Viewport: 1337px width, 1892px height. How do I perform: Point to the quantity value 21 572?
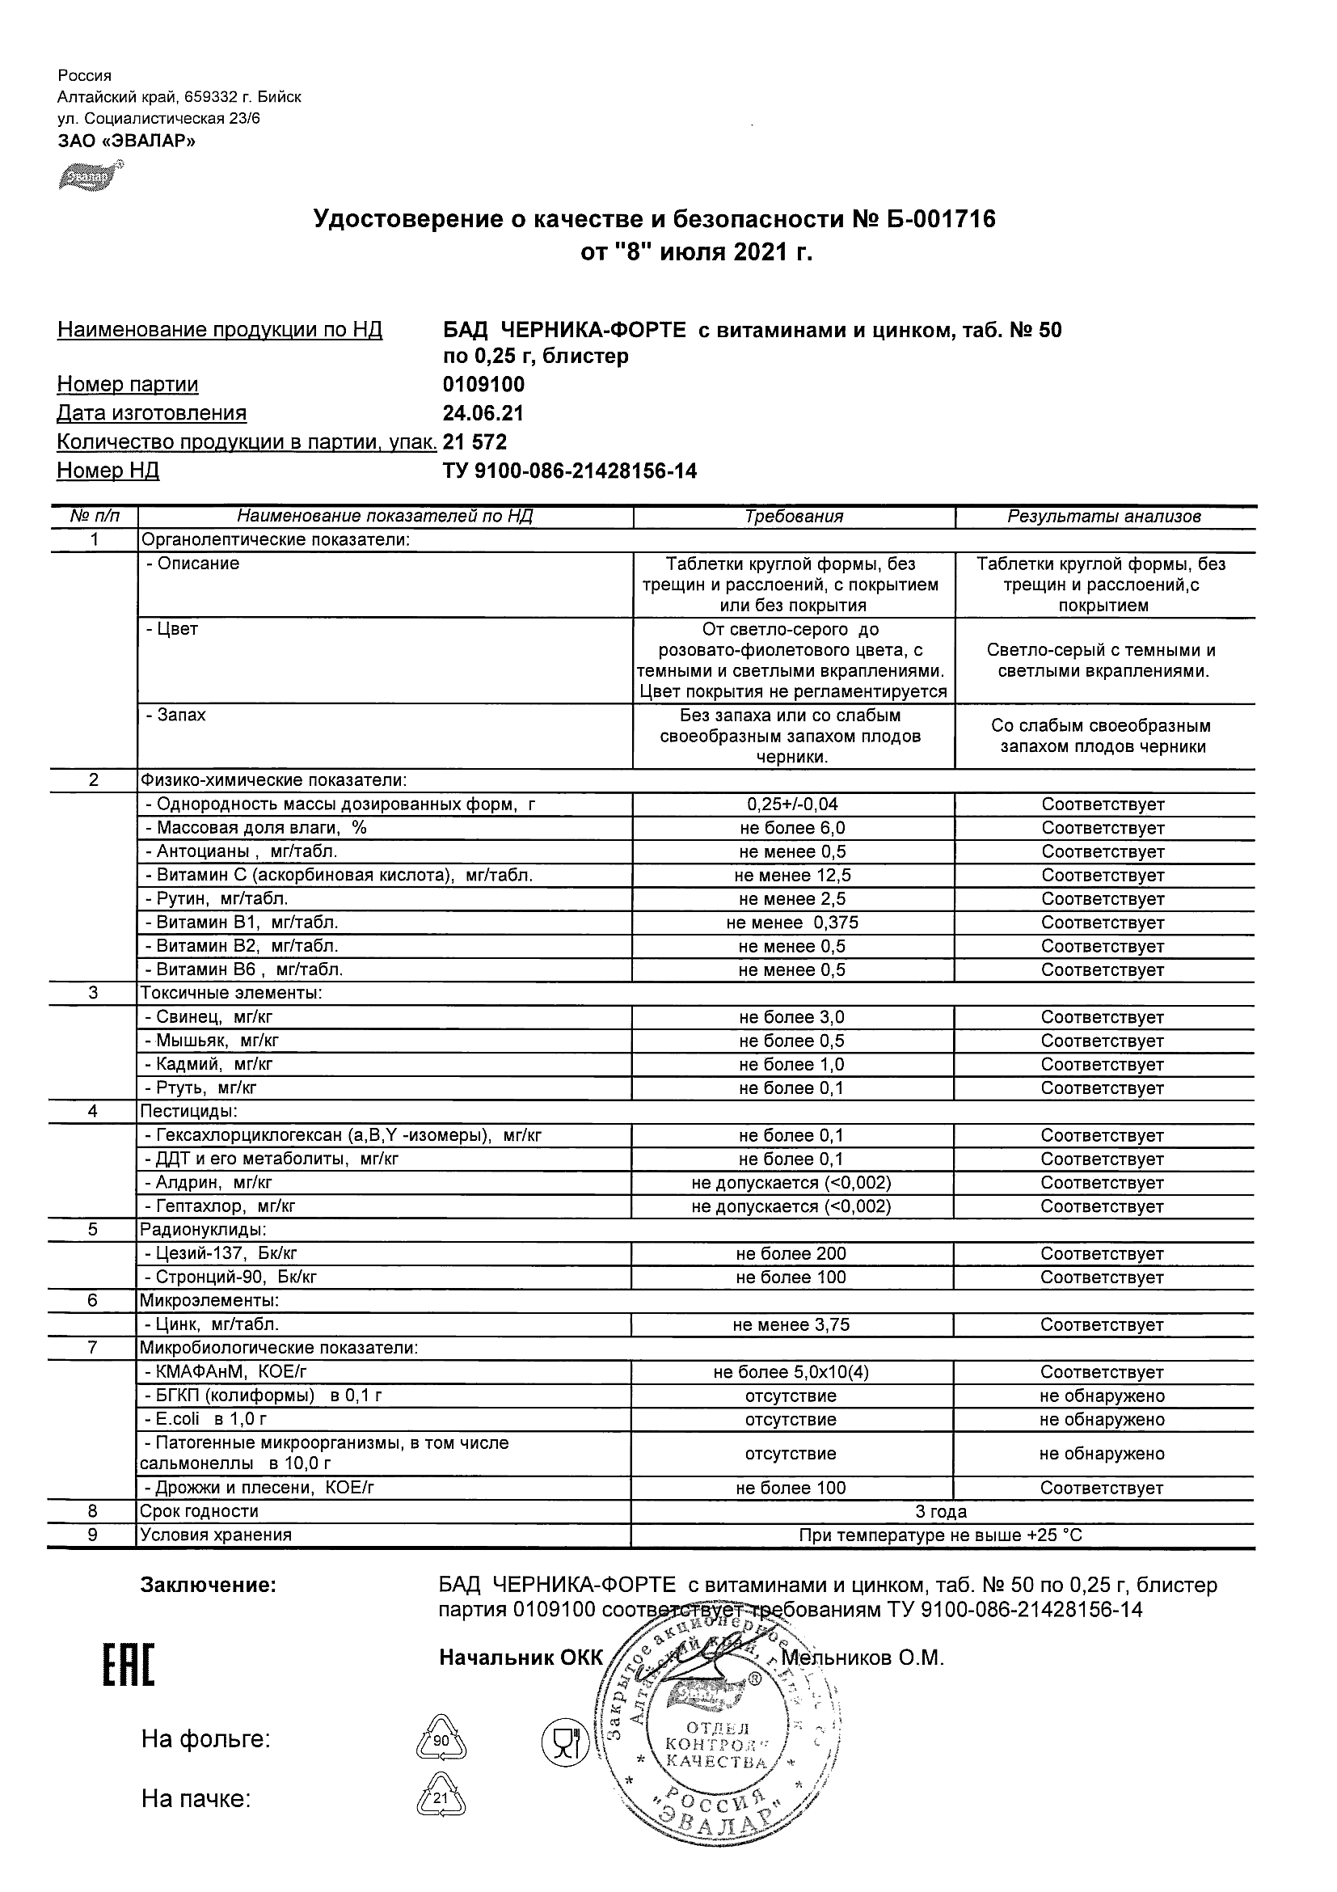pyautogui.click(x=475, y=442)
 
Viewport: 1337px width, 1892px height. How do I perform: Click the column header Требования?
pyautogui.click(x=793, y=517)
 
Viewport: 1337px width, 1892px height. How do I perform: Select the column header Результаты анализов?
pyautogui.click(x=1104, y=517)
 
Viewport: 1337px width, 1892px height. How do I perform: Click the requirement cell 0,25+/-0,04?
pyautogui.click(x=792, y=805)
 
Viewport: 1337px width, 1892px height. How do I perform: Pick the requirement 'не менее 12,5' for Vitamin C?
pyautogui.click(x=792, y=875)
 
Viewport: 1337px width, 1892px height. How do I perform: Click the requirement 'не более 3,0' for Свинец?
pyautogui.click(x=791, y=1018)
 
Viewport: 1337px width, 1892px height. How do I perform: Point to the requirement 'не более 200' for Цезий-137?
pyautogui.click(x=791, y=1254)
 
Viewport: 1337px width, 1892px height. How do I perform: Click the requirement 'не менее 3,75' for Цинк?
pyautogui.click(x=791, y=1325)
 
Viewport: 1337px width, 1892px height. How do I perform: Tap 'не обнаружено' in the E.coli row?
pyautogui.click(x=1102, y=1420)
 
